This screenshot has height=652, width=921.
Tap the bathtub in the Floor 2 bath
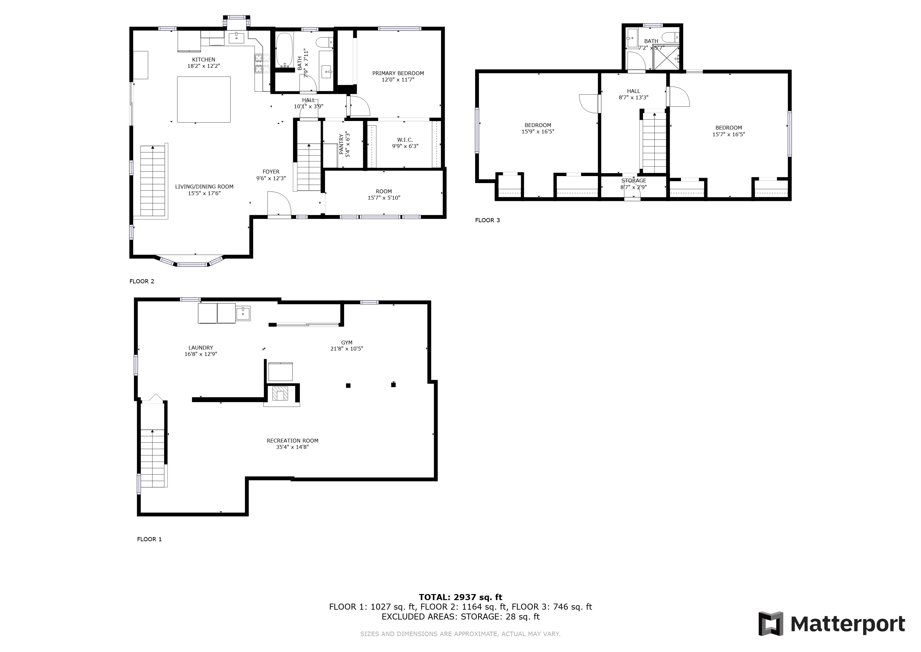(284, 50)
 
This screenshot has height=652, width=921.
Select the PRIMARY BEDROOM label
(398, 73)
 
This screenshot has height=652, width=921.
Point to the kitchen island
(204, 99)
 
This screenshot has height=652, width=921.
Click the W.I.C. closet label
(405, 140)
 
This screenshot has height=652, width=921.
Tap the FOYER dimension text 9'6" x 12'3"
(271, 178)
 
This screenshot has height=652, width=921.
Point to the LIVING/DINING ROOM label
(204, 186)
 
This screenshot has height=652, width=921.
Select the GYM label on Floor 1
(347, 343)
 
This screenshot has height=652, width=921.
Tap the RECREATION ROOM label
(293, 440)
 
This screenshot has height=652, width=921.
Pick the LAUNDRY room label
(201, 348)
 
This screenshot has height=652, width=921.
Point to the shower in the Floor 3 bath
(666, 58)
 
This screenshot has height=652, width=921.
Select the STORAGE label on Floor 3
(634, 181)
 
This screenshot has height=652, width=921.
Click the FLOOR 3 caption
(488, 220)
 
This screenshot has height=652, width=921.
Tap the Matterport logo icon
(771, 623)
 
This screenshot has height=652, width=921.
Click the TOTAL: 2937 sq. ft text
(460, 597)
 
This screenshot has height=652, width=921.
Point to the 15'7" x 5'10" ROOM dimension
(384, 197)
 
